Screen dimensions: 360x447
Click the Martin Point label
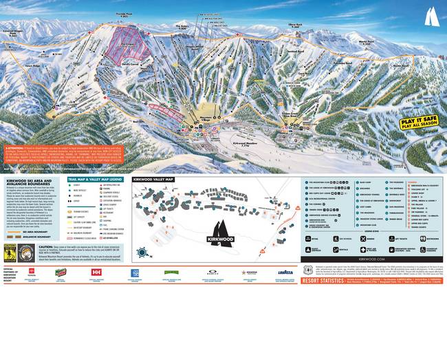tap(365, 42)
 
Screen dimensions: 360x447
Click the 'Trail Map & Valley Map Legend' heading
tap(95, 179)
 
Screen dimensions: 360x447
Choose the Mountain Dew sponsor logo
tap(61, 273)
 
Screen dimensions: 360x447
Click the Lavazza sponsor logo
tap(285, 273)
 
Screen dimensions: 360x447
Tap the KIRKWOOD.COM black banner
tap(371, 260)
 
